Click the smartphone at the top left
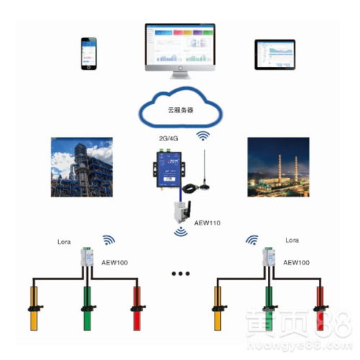pos(90,53)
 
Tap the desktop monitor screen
pos(179,45)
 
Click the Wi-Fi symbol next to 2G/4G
pos(204,136)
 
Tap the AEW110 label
pos(207,222)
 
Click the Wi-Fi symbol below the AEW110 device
pos(179,232)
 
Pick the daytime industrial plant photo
pos(81,168)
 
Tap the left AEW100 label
pos(115,263)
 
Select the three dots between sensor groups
pos(179,274)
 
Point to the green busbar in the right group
pos(270,306)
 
